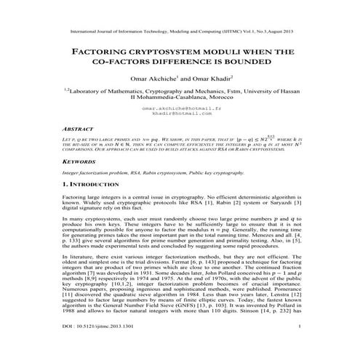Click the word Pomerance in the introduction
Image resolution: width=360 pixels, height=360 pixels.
pyautogui.click(x=284, y=297)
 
